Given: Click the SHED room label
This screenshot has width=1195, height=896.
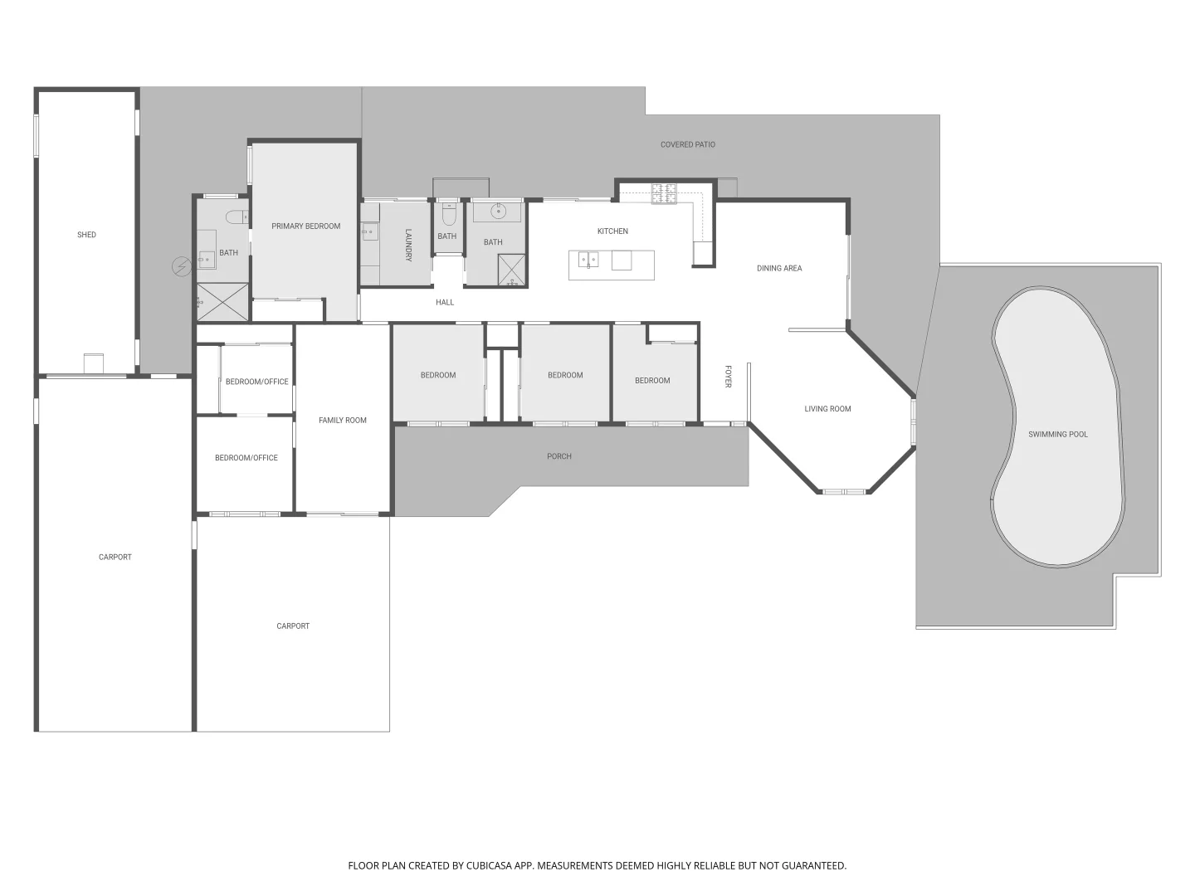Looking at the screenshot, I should [x=86, y=235].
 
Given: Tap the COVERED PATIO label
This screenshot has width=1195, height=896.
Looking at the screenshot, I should [x=687, y=144].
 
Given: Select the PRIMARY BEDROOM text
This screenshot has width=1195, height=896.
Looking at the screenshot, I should [x=305, y=226].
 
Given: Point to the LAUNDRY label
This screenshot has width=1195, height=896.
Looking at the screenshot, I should [x=408, y=245].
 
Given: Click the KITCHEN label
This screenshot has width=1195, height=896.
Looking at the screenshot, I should [x=612, y=231].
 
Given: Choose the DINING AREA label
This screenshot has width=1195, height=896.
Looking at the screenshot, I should [x=778, y=268].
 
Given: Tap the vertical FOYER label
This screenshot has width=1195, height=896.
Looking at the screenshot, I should [x=728, y=376].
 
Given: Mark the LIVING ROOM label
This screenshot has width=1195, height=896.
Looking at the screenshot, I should [x=827, y=408].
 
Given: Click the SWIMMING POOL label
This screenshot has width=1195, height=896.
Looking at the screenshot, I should [x=1057, y=434].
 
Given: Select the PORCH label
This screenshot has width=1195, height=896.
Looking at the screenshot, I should [x=558, y=456].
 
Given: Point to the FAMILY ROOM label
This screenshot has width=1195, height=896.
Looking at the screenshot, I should [x=342, y=420].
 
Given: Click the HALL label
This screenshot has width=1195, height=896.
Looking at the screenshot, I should [x=445, y=302].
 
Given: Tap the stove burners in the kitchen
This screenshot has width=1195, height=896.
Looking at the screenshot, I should [x=663, y=193].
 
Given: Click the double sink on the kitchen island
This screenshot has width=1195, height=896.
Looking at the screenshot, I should [x=588, y=260].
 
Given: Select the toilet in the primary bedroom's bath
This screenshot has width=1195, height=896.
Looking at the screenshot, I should [x=237, y=217].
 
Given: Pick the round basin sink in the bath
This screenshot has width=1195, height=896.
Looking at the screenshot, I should [x=498, y=211].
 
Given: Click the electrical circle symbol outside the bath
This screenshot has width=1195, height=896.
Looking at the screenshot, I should [x=181, y=266].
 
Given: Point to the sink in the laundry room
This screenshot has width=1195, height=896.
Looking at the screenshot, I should [x=369, y=232].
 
